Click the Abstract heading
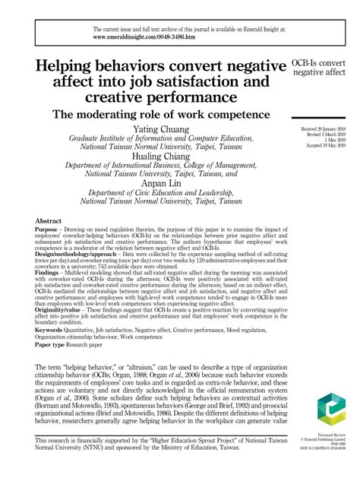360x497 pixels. (49, 220)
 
